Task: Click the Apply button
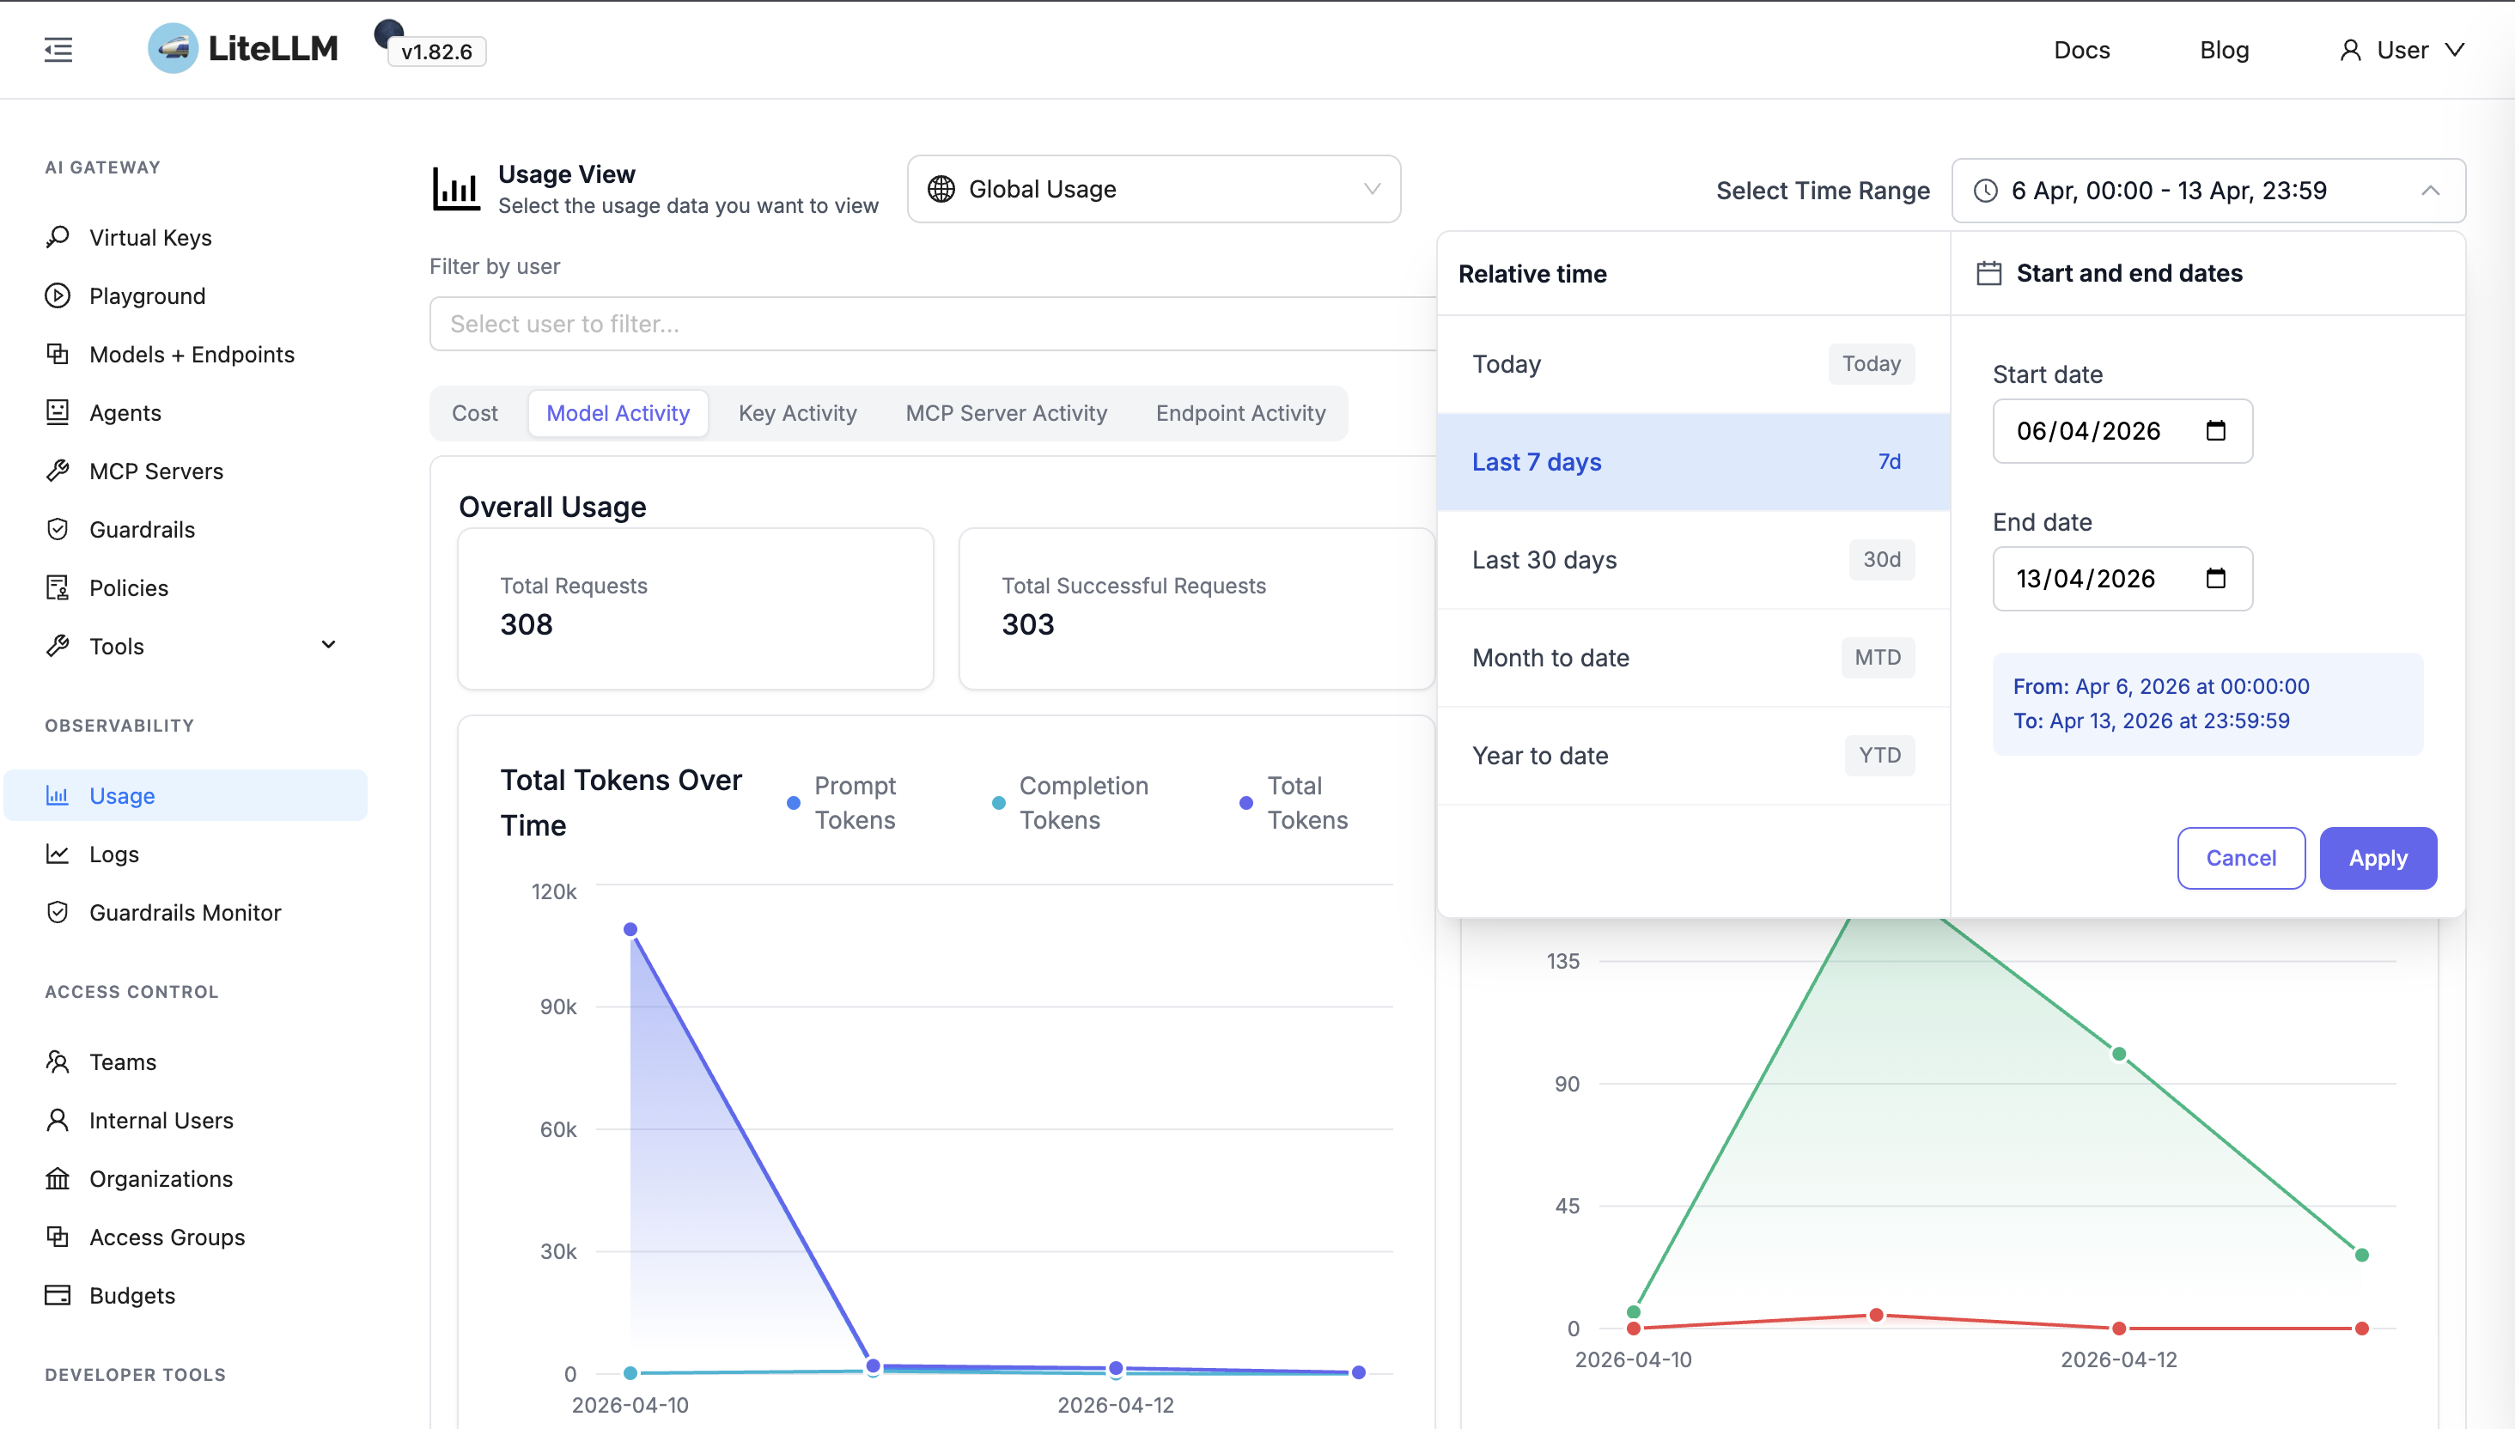pyautogui.click(x=2377, y=858)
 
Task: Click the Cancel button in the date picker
pyautogui.click(x=2240, y=858)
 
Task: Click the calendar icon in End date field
pyautogui.click(x=2214, y=578)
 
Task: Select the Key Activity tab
pyautogui.click(x=797, y=413)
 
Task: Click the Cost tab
pyautogui.click(x=474, y=413)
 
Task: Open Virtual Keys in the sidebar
pyautogui.click(x=150, y=238)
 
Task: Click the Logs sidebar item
pyautogui.click(x=114, y=854)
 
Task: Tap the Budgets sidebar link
pyautogui.click(x=131, y=1296)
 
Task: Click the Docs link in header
pyautogui.click(x=2081, y=50)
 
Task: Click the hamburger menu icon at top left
pyautogui.click(x=58, y=50)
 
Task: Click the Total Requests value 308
pyautogui.click(x=527, y=624)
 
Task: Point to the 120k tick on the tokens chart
pyautogui.click(x=554, y=891)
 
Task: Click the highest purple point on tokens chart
pyautogui.click(x=630, y=928)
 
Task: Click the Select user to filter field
pyautogui.click(x=933, y=324)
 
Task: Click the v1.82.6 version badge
pyautogui.click(x=437, y=51)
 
